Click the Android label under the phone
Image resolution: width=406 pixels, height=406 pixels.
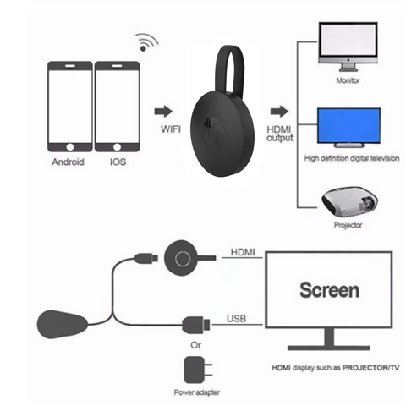point(68,162)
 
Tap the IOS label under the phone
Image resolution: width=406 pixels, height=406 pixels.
point(118,162)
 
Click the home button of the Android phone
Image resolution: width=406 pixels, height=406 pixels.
point(70,147)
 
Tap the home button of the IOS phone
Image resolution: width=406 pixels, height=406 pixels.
point(117,147)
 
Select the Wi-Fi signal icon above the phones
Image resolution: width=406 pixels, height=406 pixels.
point(146,42)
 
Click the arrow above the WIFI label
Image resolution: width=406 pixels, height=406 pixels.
point(163,112)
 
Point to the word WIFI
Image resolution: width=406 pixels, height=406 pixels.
point(171,129)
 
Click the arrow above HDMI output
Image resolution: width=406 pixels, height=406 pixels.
point(279,112)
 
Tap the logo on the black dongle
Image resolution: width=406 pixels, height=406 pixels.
point(213,133)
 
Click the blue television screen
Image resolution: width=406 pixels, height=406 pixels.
point(348,126)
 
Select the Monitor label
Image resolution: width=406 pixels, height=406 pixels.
point(348,80)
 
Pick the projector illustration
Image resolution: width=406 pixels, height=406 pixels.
point(349,201)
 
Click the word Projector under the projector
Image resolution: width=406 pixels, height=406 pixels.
point(348,225)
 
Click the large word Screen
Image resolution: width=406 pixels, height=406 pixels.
point(330,290)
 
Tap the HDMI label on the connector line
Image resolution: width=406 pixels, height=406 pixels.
point(243,252)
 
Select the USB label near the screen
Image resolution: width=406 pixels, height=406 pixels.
point(237,319)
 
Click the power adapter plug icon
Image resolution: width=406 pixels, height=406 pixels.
point(198,370)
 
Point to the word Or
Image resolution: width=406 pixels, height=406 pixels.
point(196,345)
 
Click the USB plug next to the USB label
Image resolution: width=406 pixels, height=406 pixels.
point(196,325)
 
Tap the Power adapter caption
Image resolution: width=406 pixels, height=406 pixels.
point(197,392)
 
